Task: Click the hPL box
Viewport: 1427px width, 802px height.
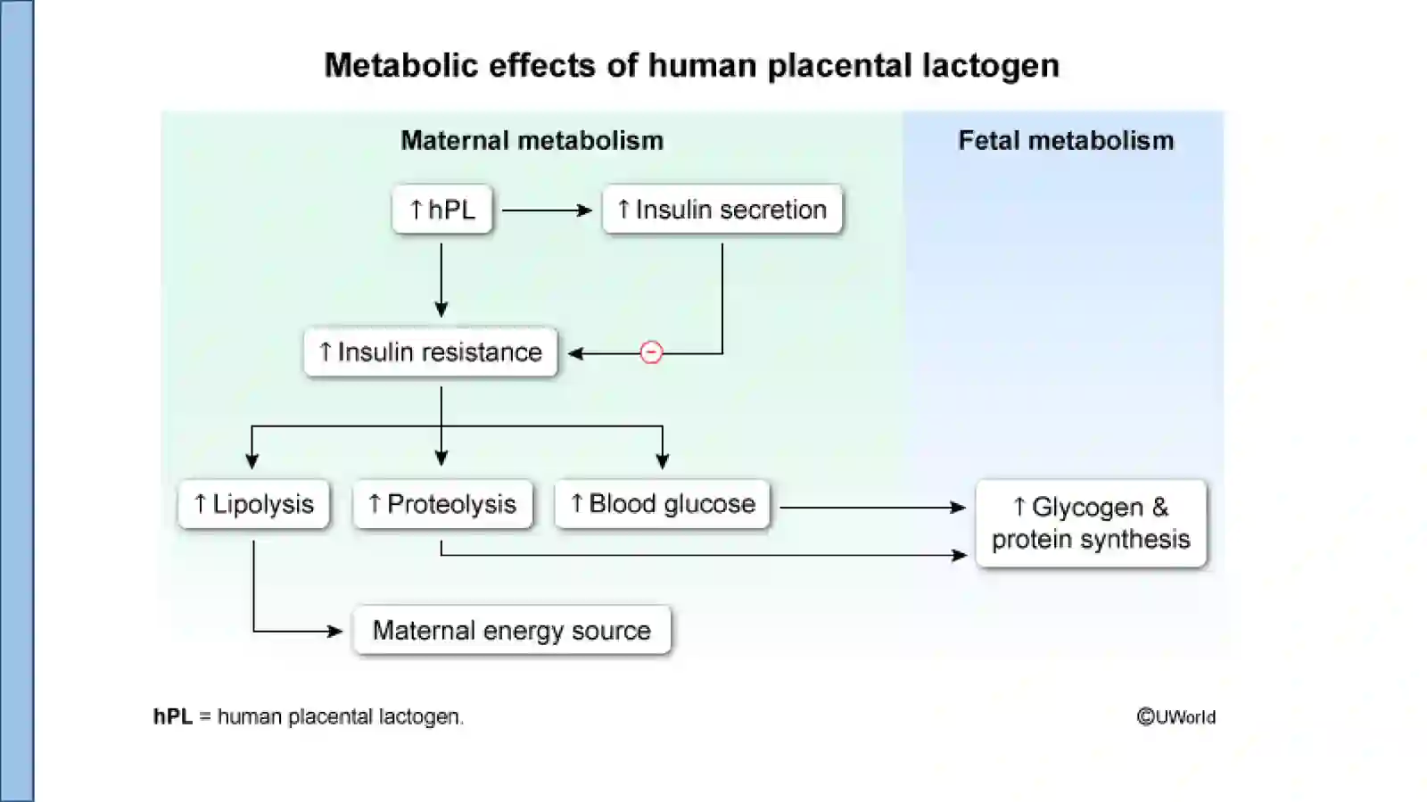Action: [x=442, y=209]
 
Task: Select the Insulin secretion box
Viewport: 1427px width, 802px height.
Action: [x=722, y=209]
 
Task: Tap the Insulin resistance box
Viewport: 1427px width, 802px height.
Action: [x=431, y=351]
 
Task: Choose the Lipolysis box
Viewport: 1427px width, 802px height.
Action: [x=253, y=504]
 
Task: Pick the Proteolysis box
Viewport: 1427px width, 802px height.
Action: [x=442, y=504]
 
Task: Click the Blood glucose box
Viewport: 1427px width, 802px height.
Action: [x=662, y=504]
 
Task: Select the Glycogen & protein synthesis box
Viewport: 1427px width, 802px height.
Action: [x=1092, y=523]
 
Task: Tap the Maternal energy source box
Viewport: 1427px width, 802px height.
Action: [x=512, y=630]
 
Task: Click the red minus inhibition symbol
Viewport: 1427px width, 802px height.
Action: [x=651, y=352]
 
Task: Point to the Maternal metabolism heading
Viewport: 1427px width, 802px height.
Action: [x=532, y=140]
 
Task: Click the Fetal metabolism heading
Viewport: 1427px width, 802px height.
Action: [x=1066, y=140]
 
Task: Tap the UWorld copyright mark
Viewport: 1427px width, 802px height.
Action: [x=1176, y=716]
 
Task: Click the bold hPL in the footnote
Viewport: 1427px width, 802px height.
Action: [x=173, y=716]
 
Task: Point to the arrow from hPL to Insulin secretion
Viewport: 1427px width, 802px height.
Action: [x=548, y=211]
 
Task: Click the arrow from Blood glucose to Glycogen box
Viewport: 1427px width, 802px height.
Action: [x=873, y=508]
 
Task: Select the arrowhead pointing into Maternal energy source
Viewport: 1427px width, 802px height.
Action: [x=335, y=632]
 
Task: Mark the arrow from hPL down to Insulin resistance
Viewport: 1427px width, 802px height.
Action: [x=441, y=280]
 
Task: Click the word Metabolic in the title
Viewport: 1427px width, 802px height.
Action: [x=401, y=66]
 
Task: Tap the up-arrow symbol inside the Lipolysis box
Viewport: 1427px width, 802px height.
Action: [x=200, y=503]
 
